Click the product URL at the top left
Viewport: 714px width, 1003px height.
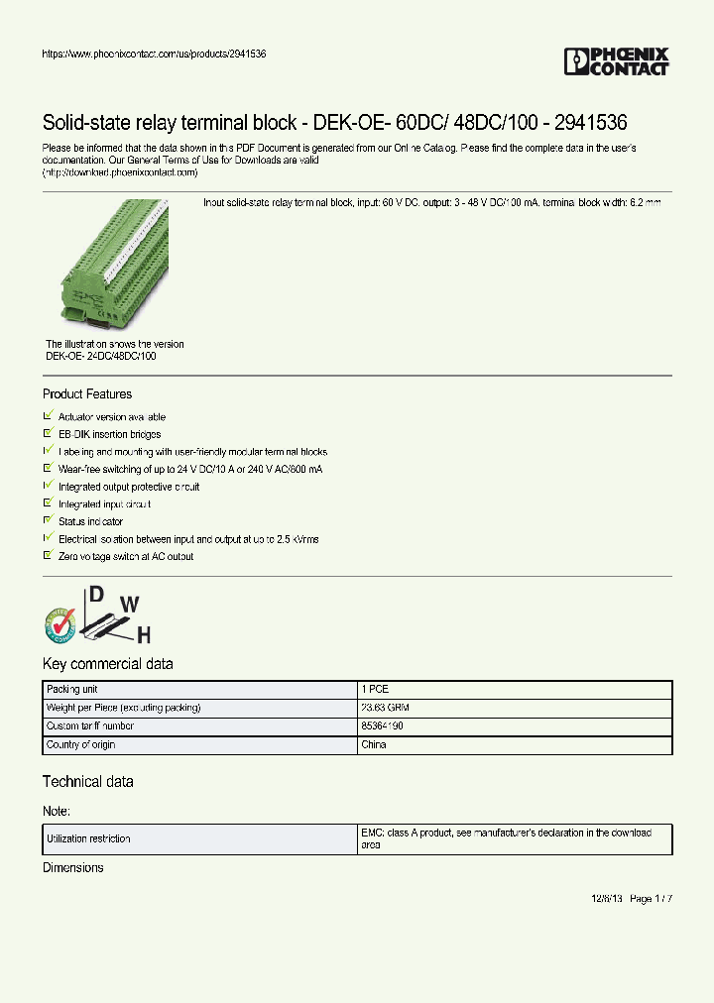(x=154, y=54)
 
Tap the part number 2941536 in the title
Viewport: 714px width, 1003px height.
(x=590, y=123)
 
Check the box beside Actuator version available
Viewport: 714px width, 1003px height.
(x=49, y=416)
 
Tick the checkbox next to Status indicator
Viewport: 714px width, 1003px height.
(x=49, y=520)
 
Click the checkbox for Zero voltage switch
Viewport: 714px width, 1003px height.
(x=49, y=556)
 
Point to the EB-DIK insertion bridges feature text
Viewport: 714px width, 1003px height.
(x=109, y=434)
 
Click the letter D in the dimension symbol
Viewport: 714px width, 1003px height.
(x=97, y=595)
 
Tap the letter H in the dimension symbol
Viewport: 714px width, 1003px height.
(x=143, y=634)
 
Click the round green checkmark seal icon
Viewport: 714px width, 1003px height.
(x=60, y=623)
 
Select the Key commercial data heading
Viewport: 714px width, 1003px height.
(x=107, y=664)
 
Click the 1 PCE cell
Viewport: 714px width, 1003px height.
(x=376, y=689)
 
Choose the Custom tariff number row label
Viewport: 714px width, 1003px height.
(x=90, y=726)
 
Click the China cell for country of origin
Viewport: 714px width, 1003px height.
(x=374, y=744)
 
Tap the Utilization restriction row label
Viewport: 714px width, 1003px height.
(x=88, y=838)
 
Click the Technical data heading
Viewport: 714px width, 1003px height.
(x=87, y=782)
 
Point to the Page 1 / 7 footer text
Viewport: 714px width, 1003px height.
(x=651, y=899)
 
